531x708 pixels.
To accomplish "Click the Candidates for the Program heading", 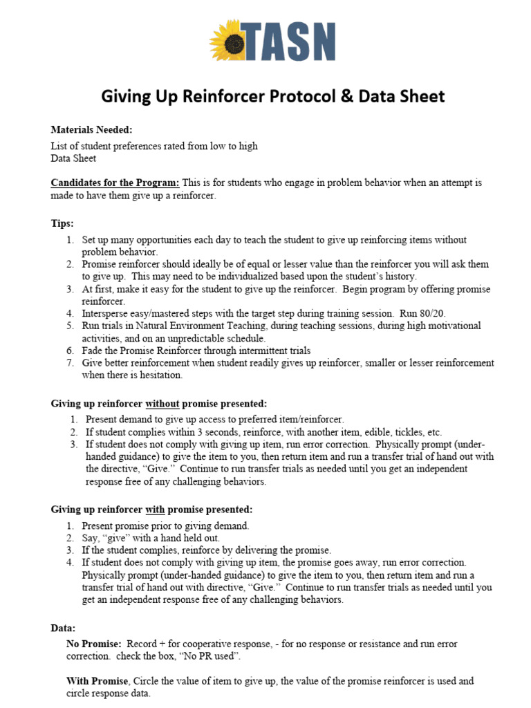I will click(x=115, y=183).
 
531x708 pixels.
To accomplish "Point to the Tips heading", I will click(x=62, y=223).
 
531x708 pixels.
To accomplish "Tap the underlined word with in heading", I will click(x=155, y=510).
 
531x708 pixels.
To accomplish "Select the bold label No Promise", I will click(x=93, y=644).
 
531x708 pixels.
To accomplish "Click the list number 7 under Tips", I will click(x=69, y=363).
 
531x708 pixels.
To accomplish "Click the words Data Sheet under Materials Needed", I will click(x=73, y=158).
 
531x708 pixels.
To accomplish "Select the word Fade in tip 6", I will click(x=93, y=351).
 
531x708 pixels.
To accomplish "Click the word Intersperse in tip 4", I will click(x=106, y=313).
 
